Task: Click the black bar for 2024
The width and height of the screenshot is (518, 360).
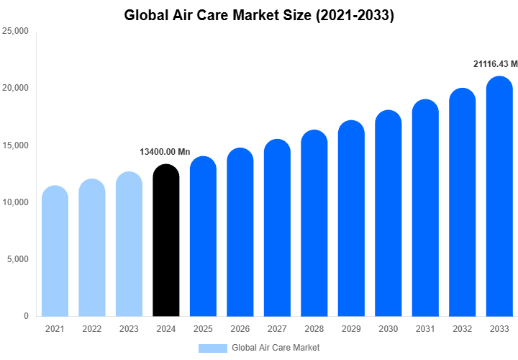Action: point(165,241)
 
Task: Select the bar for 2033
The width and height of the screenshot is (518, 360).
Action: point(499,198)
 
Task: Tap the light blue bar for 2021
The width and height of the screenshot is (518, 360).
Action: point(55,252)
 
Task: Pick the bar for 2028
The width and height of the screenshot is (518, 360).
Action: point(314,225)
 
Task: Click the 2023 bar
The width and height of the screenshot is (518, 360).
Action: point(129,245)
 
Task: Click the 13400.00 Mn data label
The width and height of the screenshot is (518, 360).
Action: point(165,152)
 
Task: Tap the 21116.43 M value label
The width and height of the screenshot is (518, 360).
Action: point(495,65)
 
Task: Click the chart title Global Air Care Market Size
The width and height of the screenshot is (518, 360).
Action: point(259,14)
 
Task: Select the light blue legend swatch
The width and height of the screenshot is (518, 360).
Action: point(212,348)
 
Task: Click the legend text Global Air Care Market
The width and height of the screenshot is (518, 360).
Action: point(276,348)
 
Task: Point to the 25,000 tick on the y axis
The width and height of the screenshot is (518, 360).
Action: point(15,32)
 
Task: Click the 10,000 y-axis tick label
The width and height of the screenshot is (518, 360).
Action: point(15,202)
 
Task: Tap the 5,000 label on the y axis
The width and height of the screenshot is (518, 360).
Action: point(17,259)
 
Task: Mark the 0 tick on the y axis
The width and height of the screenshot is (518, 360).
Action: point(25,316)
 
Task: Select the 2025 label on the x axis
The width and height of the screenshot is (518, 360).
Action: point(203,329)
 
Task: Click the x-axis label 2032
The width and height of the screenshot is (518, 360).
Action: point(462,329)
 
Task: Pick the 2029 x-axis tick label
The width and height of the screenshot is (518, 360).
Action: point(351,329)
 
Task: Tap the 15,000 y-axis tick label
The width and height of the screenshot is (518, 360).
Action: point(15,145)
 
